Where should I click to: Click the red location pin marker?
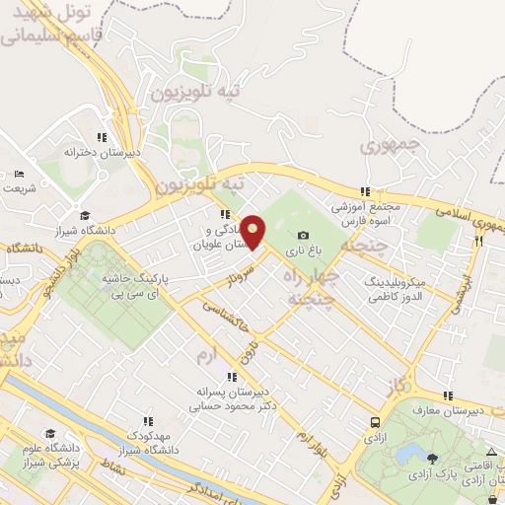253,232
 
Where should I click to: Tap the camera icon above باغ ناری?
303,235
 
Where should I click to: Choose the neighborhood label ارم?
204,353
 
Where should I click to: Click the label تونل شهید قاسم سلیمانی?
47,24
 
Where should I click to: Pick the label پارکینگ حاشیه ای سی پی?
135,286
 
